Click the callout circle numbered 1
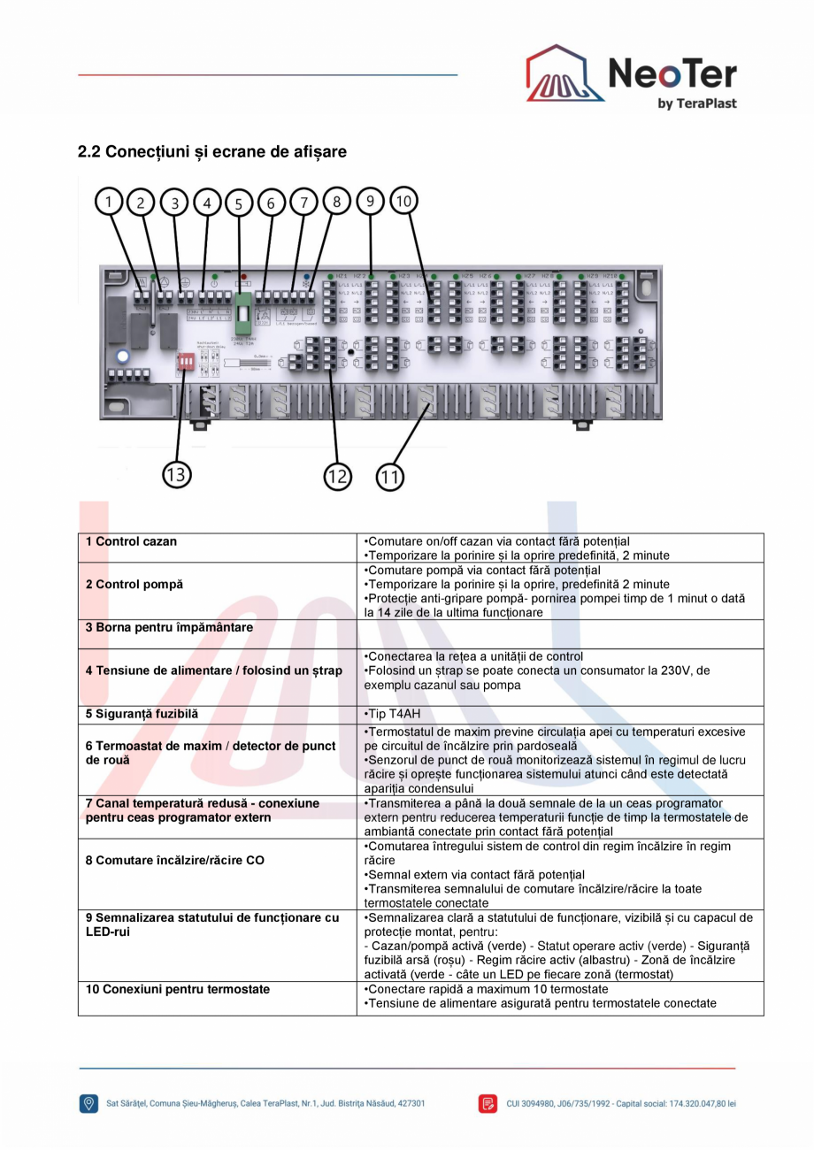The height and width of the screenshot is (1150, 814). click(110, 203)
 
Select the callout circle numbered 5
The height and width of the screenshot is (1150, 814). click(239, 203)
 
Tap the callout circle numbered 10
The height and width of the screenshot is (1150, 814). click(403, 202)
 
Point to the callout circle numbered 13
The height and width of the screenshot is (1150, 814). click(177, 475)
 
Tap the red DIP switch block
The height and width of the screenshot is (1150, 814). click(186, 363)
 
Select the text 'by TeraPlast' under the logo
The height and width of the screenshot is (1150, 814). click(697, 103)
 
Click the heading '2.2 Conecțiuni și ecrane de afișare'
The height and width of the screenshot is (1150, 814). click(212, 151)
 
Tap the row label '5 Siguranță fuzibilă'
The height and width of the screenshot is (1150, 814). click(138, 713)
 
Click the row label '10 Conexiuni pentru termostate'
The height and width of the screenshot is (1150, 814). click(178, 989)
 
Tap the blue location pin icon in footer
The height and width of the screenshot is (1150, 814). click(88, 1104)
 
